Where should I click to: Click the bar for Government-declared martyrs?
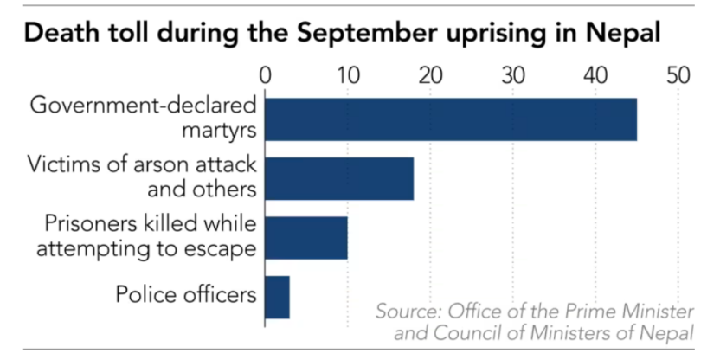450,119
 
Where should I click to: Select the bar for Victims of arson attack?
338,178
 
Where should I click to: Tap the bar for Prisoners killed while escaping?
305,237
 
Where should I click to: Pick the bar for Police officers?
277,297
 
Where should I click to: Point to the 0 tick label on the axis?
266,75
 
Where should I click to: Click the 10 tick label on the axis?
348,75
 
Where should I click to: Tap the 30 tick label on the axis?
513,75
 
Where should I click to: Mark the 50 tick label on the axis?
678,75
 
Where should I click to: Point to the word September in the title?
360,35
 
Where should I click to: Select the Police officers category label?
186,295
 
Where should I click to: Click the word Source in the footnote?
408,312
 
